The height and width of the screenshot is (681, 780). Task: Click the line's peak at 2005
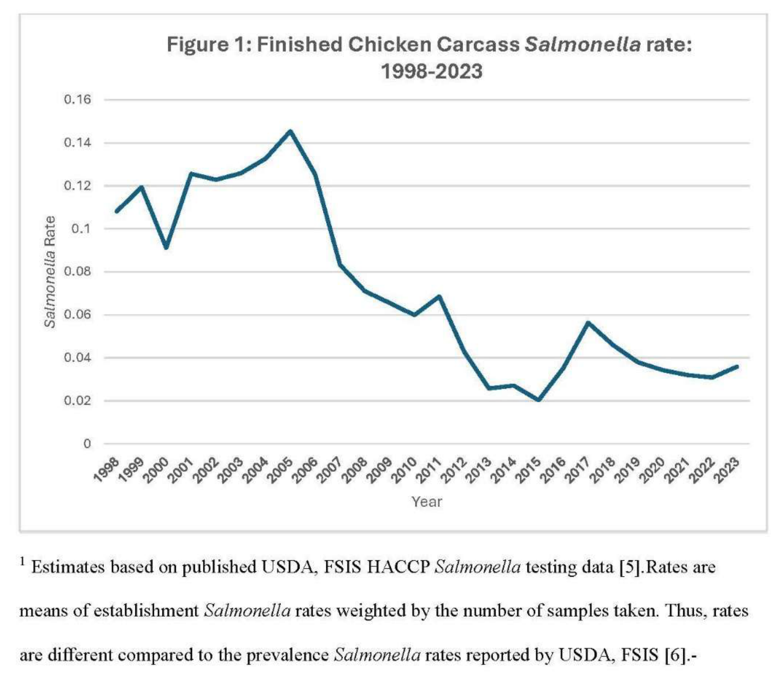pyautogui.click(x=290, y=131)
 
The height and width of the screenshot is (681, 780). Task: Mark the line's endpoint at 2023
pyautogui.click(x=737, y=366)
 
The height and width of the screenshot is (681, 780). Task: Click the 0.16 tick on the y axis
pyautogui.click(x=77, y=100)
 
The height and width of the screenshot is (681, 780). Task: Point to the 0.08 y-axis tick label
pyautogui.click(x=77, y=272)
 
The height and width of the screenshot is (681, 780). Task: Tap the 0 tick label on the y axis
pyautogui.click(x=87, y=444)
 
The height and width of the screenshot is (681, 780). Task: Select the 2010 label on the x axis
pyautogui.click(x=405, y=470)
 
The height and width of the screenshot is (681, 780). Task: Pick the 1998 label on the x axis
pyautogui.click(x=107, y=470)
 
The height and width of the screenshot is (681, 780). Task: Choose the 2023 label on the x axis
pyautogui.click(x=728, y=470)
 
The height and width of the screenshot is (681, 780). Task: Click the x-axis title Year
pyautogui.click(x=427, y=501)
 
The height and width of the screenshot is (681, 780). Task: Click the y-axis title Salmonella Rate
pyautogui.click(x=50, y=272)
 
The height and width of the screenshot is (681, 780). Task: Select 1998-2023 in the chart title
pyautogui.click(x=432, y=71)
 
